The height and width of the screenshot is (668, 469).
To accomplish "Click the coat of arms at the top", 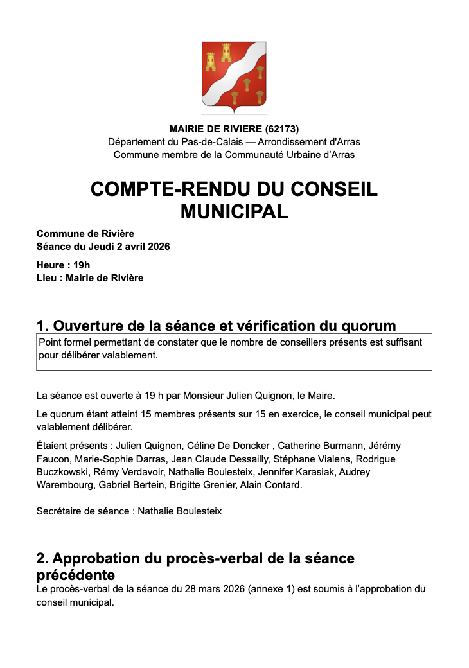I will pyautogui.click(x=234, y=74).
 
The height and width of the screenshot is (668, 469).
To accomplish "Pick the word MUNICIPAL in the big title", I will pyautogui.click(x=234, y=211).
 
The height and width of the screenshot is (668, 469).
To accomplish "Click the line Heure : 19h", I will pyautogui.click(x=63, y=265).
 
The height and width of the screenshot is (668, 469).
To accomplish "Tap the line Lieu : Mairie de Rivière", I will pyautogui.click(x=90, y=278).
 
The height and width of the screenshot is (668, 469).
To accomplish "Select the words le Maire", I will pyautogui.click(x=319, y=394).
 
